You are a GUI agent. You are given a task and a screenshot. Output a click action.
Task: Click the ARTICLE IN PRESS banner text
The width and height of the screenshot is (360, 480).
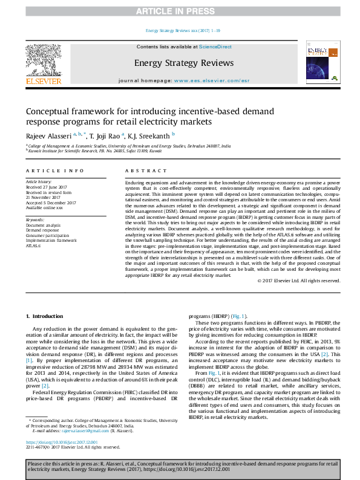180,11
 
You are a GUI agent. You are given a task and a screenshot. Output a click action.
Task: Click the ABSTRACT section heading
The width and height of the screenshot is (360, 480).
140,171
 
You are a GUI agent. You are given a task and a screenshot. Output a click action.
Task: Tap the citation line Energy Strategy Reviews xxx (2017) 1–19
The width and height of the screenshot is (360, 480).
180,31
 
